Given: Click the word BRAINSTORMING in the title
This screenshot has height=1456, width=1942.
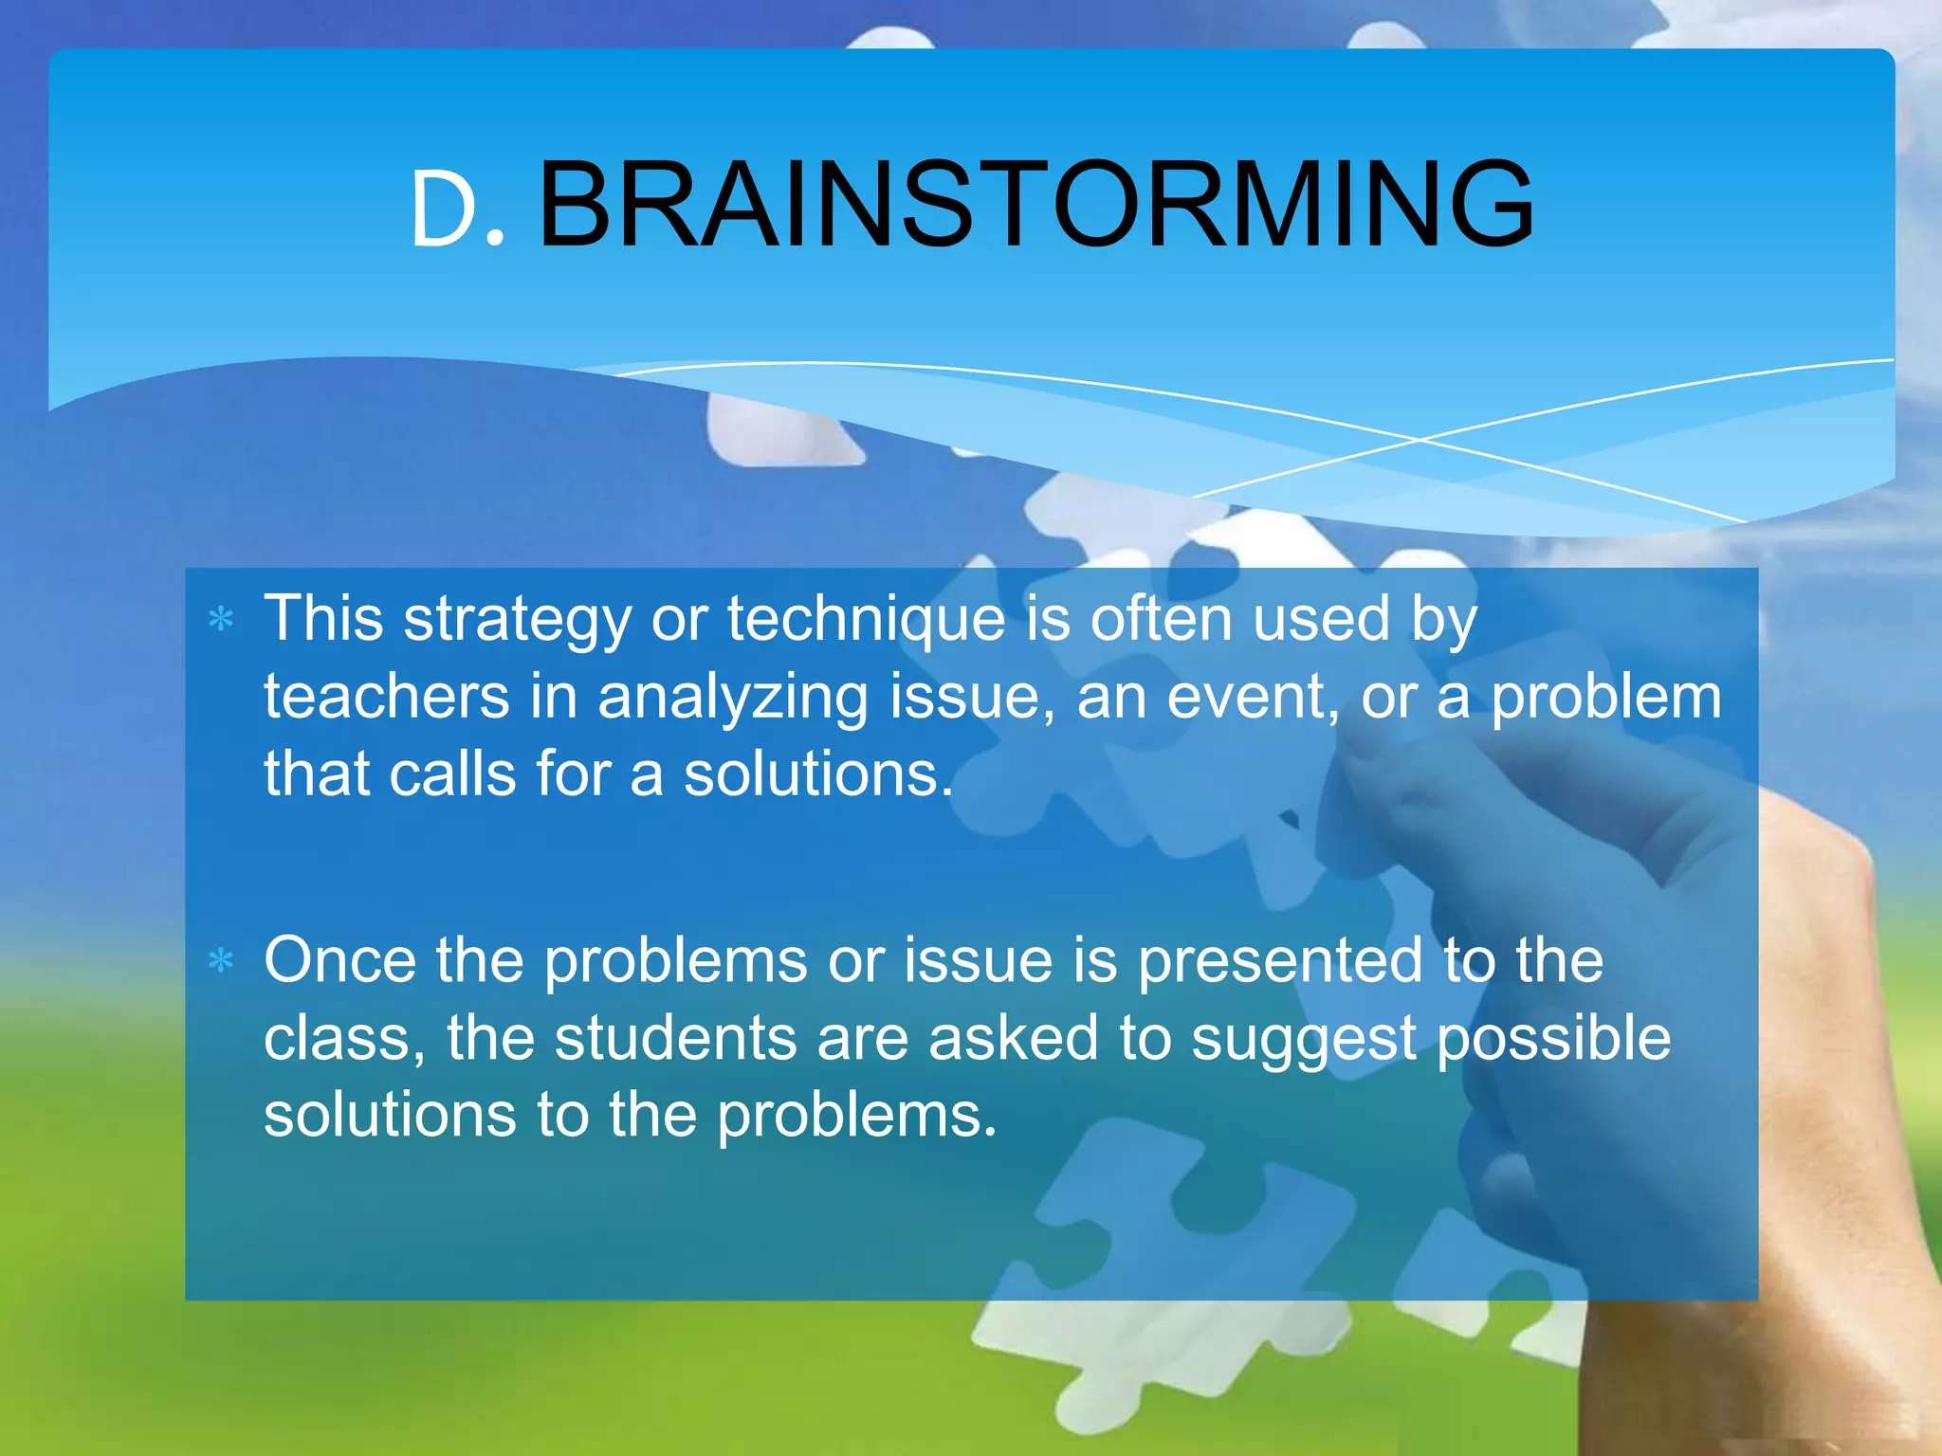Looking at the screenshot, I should pos(1035,206).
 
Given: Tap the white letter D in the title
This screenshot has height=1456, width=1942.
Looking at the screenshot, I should pos(443,212).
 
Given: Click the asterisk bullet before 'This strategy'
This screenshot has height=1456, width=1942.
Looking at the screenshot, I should pos(221,620).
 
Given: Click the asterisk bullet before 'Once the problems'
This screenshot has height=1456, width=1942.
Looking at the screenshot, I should pos(221,961).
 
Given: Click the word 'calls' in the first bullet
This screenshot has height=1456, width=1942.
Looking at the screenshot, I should pos(452,773).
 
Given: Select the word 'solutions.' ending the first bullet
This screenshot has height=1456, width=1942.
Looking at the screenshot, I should pos(817,773).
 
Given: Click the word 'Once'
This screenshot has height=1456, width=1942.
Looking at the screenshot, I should pos(339,960).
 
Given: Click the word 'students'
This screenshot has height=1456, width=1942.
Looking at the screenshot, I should pos(675,1038).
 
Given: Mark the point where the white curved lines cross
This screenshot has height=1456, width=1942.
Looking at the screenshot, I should pos(1420,440).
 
